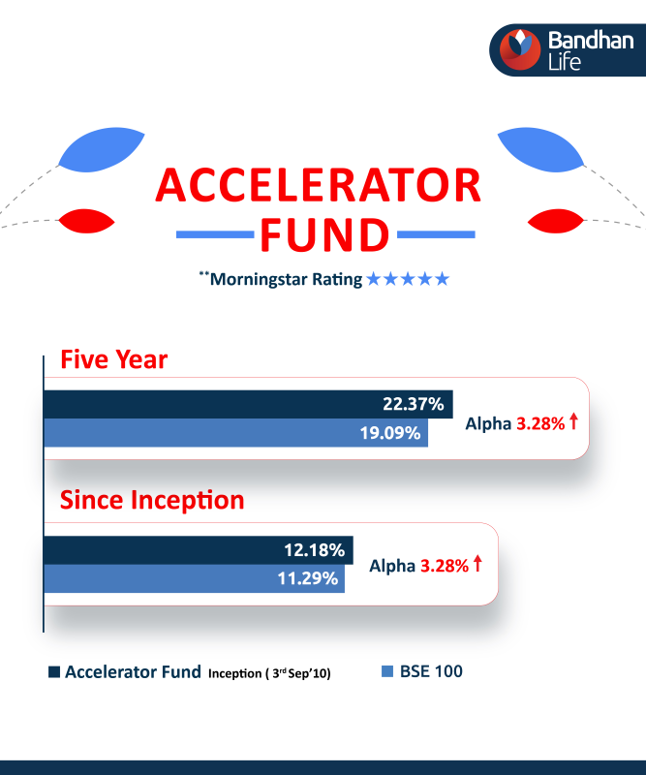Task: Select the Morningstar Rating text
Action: tap(286, 280)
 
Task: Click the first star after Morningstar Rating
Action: tap(375, 280)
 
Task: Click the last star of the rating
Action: tap(442, 280)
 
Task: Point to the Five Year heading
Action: tap(113, 360)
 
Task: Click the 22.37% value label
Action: tap(412, 404)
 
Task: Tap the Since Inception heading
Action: tap(152, 501)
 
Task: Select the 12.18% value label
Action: tap(314, 550)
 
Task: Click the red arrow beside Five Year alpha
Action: tap(573, 421)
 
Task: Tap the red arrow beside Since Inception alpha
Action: tap(477, 563)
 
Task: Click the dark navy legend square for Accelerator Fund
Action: tap(54, 671)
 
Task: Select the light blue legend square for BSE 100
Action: tap(388, 671)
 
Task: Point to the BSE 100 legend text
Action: tap(431, 671)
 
